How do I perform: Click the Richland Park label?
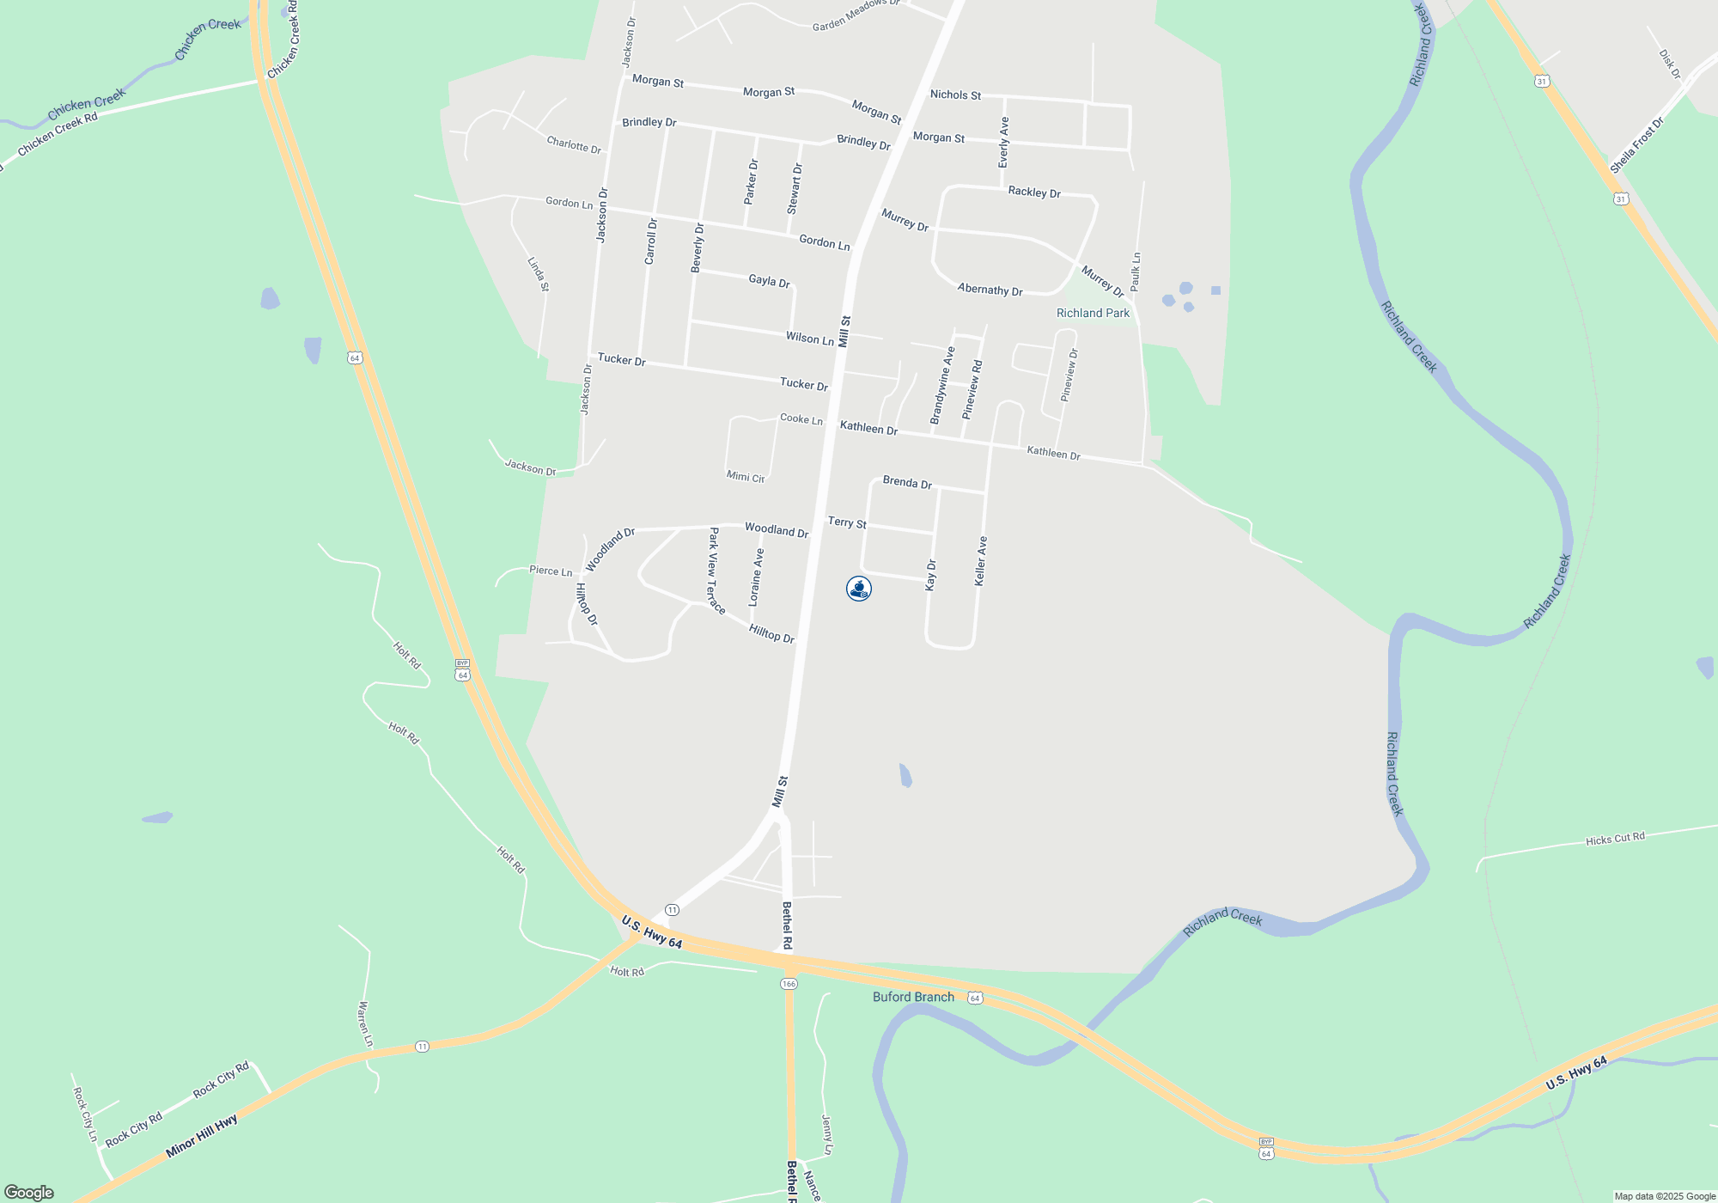tap(1093, 313)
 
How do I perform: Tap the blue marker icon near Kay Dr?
tap(859, 589)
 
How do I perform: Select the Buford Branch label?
tap(913, 997)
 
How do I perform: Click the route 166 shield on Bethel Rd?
tap(789, 983)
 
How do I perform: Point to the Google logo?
tap(29, 1192)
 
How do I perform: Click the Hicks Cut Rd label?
tap(1615, 839)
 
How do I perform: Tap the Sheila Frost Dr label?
tap(1636, 144)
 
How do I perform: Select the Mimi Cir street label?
tap(746, 476)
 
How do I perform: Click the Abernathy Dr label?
tap(990, 290)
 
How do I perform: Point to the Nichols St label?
tap(955, 95)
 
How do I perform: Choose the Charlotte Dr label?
tap(574, 144)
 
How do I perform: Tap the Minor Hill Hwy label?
tap(201, 1136)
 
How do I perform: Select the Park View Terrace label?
tap(716, 571)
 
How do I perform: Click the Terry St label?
tap(847, 522)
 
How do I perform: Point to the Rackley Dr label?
tap(1034, 192)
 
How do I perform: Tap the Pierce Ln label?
tap(551, 571)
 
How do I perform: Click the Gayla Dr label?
tap(769, 280)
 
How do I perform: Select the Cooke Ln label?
tap(801, 419)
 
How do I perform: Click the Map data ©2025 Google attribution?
tap(1664, 1196)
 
